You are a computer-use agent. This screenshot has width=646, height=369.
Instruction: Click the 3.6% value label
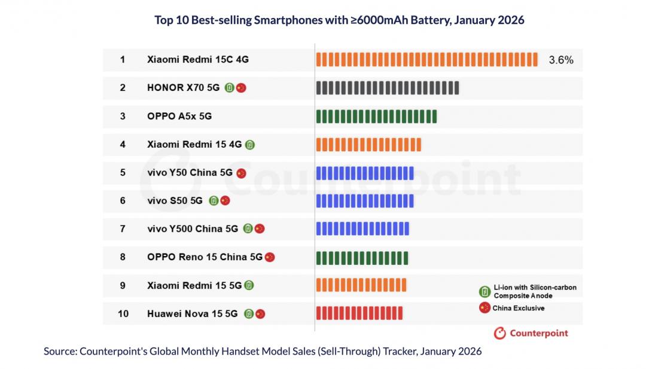pos(560,60)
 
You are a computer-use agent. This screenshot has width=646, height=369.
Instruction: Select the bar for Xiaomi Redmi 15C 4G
pos(426,60)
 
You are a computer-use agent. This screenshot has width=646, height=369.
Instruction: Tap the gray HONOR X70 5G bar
pos(387,88)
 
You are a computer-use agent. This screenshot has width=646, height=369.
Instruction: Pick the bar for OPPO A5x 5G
pos(376,116)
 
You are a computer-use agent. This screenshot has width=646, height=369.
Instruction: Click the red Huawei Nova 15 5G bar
pos(359,313)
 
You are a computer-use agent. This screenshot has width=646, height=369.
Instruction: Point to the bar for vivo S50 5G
pos(364,201)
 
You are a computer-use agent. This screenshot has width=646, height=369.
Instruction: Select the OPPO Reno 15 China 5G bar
pos(362,257)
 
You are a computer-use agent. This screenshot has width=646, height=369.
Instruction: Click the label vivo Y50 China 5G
pos(190,173)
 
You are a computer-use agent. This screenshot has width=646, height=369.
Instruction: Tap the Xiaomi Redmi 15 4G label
pos(194,144)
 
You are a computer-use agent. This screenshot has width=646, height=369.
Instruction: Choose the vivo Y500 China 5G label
pos(193,228)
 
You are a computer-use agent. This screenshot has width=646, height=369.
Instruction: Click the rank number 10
pos(123,313)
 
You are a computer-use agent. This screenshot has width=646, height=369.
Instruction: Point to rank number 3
pos(123,116)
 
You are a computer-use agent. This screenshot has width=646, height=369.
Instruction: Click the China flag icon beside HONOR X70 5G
pos(241,88)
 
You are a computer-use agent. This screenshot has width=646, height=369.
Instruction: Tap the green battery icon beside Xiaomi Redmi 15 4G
pos(250,145)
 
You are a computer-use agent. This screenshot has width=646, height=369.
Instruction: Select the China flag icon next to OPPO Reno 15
pos(270,257)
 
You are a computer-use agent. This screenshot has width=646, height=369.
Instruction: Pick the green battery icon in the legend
pos(484,292)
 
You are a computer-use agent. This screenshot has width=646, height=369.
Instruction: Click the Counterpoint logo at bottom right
pos(531,333)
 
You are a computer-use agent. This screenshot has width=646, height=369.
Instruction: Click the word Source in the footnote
pos(59,352)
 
